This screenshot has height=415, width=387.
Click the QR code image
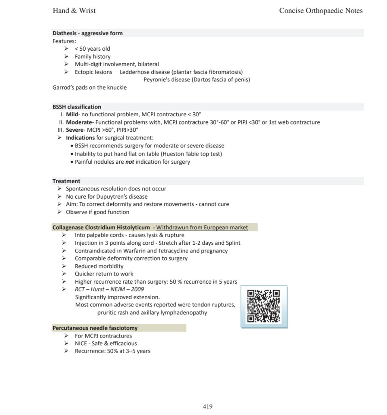pyautogui.click(x=264, y=306)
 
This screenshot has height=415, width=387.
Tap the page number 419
pyautogui.click(x=207, y=406)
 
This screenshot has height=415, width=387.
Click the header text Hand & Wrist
pyautogui.click(x=74, y=11)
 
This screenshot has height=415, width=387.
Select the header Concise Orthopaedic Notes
pyautogui.click(x=321, y=11)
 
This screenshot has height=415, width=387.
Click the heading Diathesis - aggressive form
pyautogui.click(x=87, y=33)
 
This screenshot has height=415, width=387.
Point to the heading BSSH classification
pyautogui.click(x=77, y=107)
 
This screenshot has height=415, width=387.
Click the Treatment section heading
pyautogui.click(x=66, y=181)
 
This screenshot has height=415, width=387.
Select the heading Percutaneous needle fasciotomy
pyautogui.click(x=95, y=328)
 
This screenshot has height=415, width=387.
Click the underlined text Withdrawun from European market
pyautogui.click(x=202, y=227)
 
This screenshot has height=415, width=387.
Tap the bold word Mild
pyautogui.click(x=72, y=115)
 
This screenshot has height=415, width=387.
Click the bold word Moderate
pyautogui.click(x=79, y=122)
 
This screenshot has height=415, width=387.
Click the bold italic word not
pyautogui.click(x=129, y=162)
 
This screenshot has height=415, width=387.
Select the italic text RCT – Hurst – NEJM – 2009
pyautogui.click(x=109, y=289)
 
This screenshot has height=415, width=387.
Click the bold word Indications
pyautogui.click(x=80, y=138)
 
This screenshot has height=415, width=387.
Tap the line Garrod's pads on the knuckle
pyautogui.click(x=89, y=88)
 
